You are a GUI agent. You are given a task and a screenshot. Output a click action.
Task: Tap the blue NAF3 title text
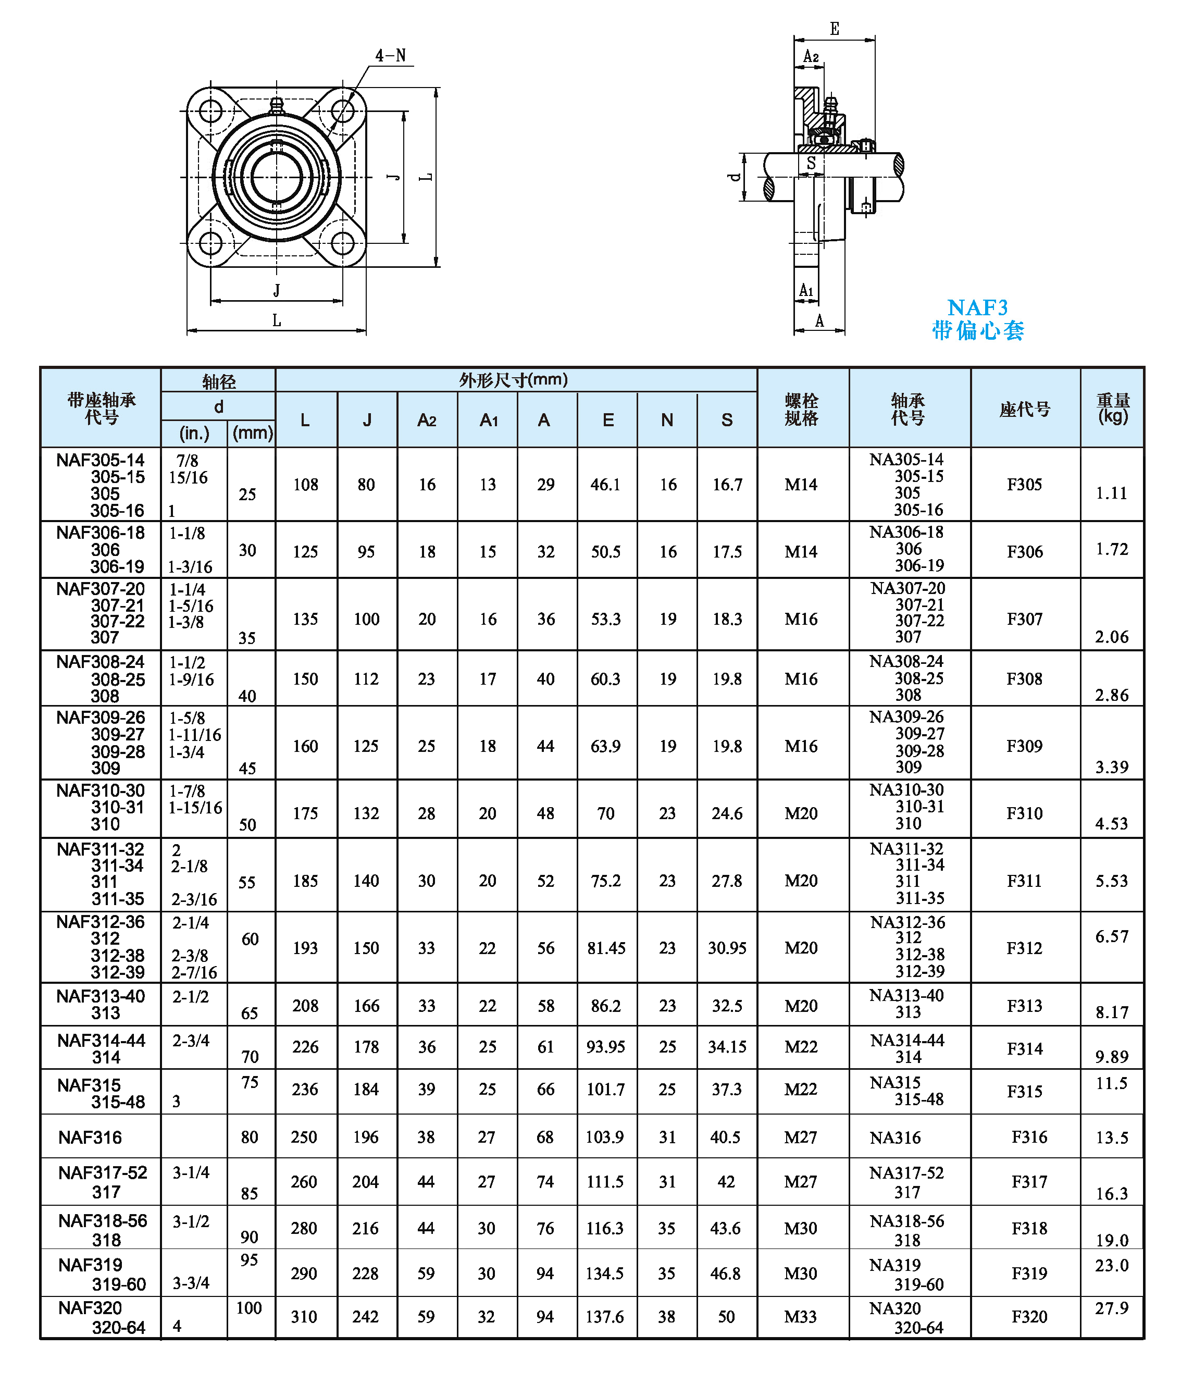click(x=977, y=307)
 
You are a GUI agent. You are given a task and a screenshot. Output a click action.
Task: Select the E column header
click(x=608, y=420)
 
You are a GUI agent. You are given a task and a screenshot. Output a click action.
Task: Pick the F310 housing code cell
click(x=1024, y=813)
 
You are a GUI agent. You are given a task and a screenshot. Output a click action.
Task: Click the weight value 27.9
click(x=1111, y=1308)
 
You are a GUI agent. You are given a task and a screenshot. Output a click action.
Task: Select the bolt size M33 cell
click(x=801, y=1317)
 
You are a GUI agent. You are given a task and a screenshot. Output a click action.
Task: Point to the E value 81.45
click(x=606, y=948)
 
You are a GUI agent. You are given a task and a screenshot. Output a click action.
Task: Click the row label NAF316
click(x=90, y=1137)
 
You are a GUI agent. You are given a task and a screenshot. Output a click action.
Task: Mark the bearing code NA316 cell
click(x=895, y=1137)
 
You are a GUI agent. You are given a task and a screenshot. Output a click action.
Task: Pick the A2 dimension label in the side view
click(x=811, y=57)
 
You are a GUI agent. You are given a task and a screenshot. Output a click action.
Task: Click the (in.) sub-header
click(x=194, y=434)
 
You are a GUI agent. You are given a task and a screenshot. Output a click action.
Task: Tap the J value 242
click(x=366, y=1317)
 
